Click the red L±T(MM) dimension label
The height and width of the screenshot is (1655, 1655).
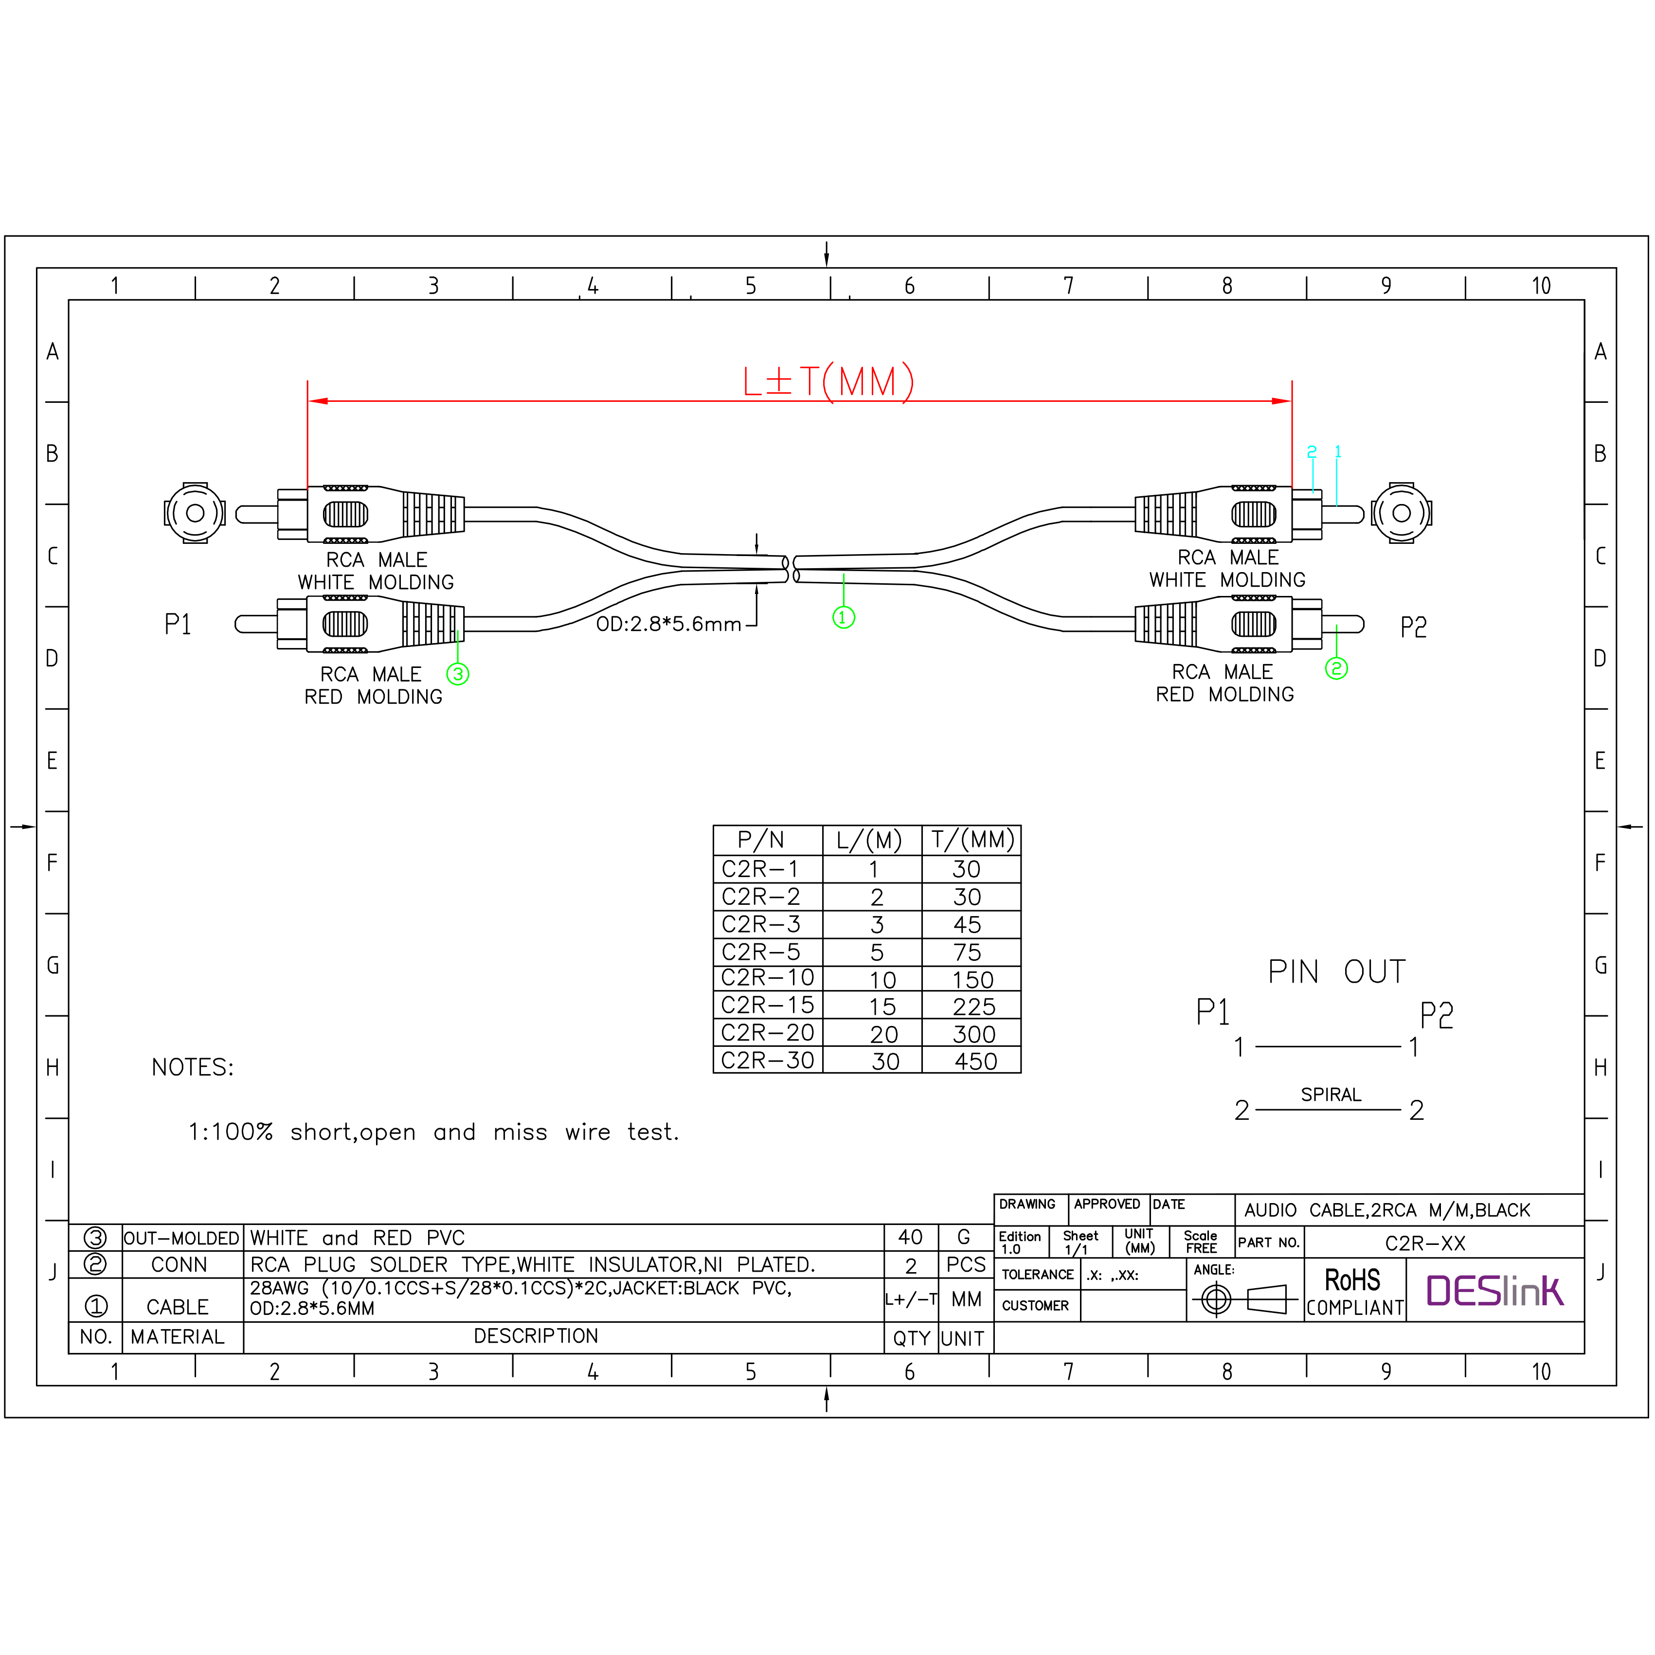(827, 382)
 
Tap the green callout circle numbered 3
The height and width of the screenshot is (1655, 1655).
(458, 674)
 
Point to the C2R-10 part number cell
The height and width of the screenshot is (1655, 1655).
(768, 978)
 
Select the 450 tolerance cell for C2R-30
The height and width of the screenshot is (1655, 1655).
(976, 1061)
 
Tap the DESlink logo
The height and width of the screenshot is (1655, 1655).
(1495, 1291)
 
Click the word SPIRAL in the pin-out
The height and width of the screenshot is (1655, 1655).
(1331, 1095)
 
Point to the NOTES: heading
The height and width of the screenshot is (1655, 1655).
(193, 1067)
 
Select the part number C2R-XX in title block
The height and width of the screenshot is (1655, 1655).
(1424, 1243)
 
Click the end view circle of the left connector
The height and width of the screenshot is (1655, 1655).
(195, 513)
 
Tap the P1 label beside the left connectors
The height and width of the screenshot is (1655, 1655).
(177, 625)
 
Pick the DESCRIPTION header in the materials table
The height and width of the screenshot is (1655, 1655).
(536, 1336)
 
